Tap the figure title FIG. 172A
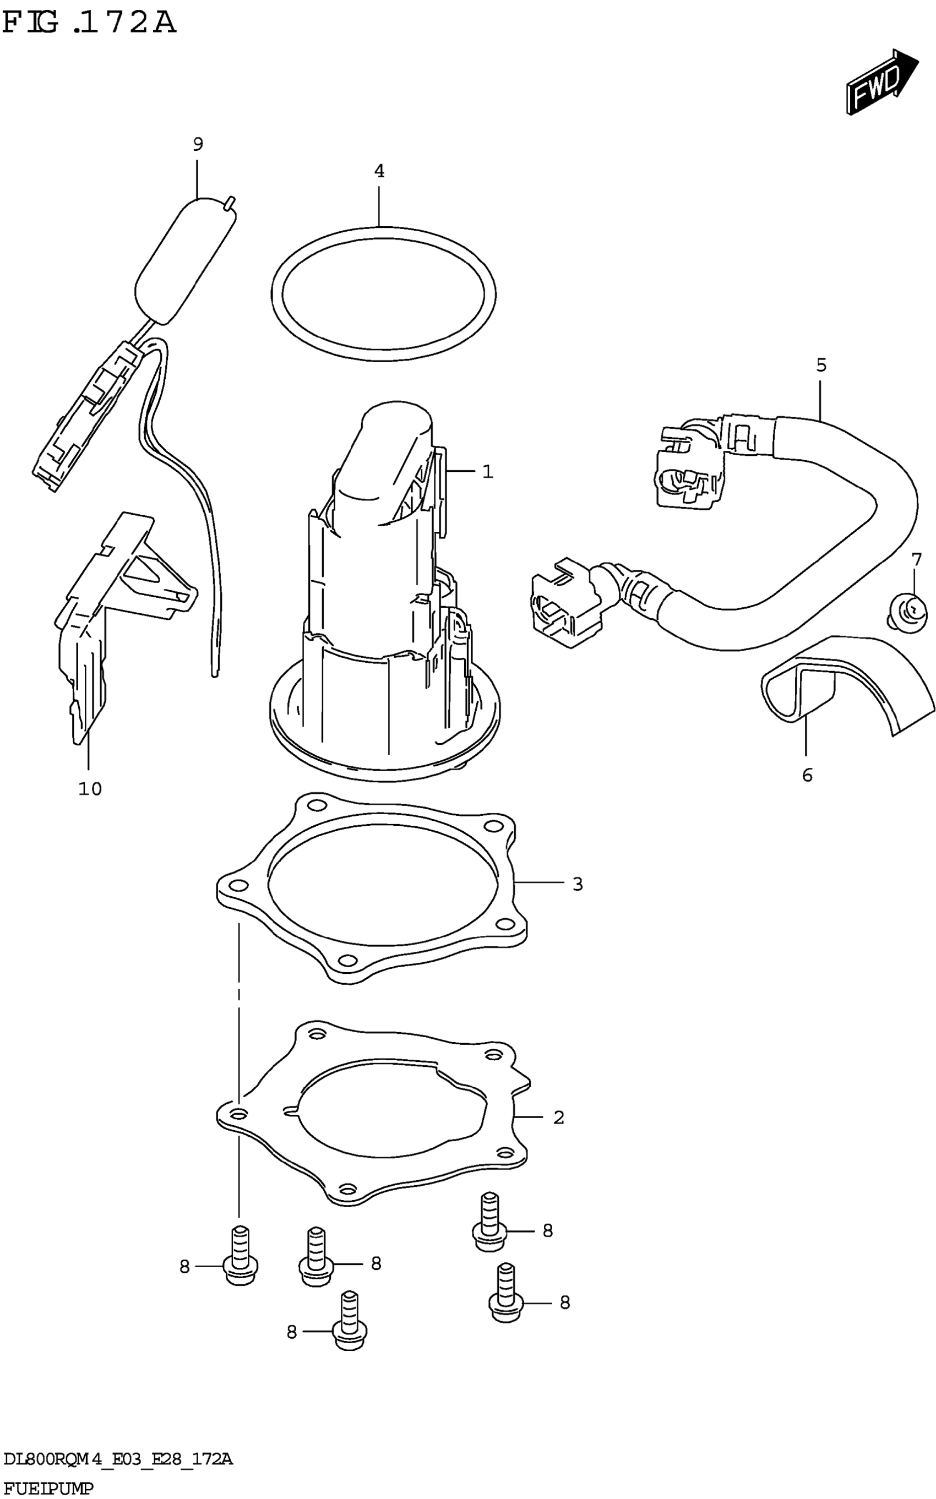[89, 23]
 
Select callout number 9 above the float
[198, 144]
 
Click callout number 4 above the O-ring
[379, 171]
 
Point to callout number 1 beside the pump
[488, 472]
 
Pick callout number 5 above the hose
[821, 365]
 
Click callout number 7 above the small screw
[916, 560]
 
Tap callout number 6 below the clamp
[807, 775]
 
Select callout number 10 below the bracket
[90, 788]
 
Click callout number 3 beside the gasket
[578, 884]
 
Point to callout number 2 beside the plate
[558, 1117]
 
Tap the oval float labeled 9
[184, 260]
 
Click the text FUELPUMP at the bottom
[48, 1487]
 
